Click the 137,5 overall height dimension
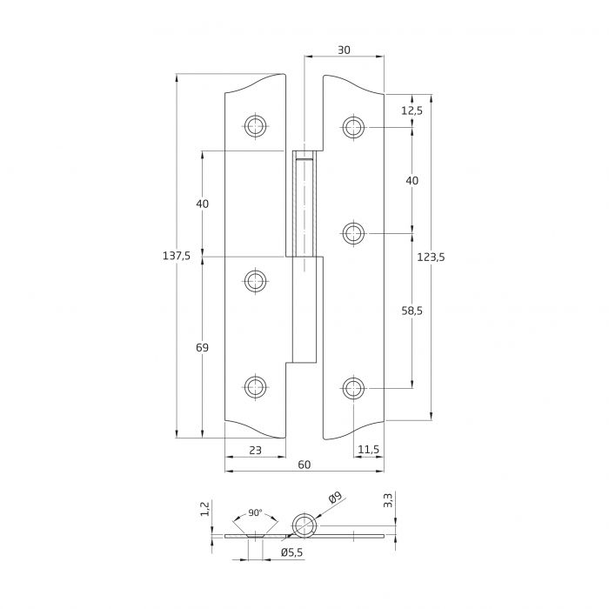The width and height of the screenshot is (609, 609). pos(177,256)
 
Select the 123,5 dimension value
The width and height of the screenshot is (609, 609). pos(431,258)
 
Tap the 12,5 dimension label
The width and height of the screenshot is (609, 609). pos(412,110)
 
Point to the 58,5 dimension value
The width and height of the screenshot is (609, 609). pos(412,311)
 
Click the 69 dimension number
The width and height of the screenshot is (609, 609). pos(202,348)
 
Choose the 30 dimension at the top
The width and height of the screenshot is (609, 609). pos(344,50)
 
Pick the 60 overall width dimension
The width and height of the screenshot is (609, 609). pos(304,465)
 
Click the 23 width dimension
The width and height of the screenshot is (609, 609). pos(255,450)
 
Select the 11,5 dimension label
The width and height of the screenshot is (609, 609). pos(368,450)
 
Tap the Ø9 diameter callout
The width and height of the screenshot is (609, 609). pos(335,498)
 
